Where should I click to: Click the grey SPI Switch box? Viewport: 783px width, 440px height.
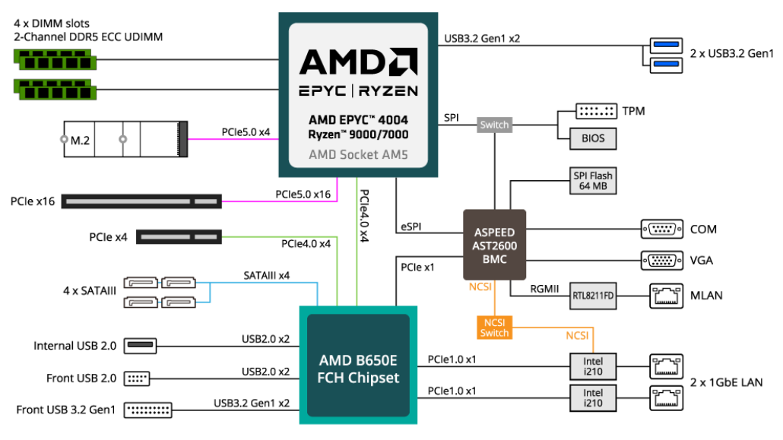pyautogui.click(x=494, y=125)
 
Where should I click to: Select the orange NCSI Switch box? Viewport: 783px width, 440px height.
pyautogui.click(x=494, y=327)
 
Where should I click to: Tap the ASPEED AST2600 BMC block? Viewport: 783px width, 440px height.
pyautogui.click(x=495, y=245)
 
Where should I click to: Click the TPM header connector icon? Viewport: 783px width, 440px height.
pyautogui.click(x=596, y=111)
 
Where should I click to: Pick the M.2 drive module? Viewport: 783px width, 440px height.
pyautogui.click(x=122, y=140)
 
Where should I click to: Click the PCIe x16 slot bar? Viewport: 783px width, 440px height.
pyautogui.click(x=141, y=202)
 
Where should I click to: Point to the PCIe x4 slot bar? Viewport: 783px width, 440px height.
pyautogui.click(x=178, y=238)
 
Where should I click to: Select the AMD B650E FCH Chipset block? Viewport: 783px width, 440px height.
pyautogui.click(x=358, y=368)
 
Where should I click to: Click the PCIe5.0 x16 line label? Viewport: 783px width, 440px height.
pyautogui.click(x=303, y=195)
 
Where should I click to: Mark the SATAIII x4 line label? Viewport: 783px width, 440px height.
pyautogui.click(x=266, y=275)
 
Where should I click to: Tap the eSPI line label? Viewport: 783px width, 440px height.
pyautogui.click(x=411, y=227)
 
